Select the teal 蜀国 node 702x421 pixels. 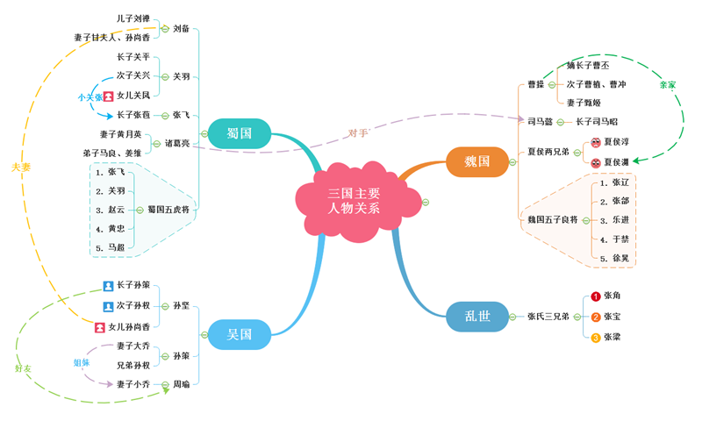pos(240,133)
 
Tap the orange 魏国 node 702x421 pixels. pos(477,162)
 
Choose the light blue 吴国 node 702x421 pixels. pos(240,334)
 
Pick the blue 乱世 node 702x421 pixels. pos(477,316)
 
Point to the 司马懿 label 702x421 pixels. pos(540,122)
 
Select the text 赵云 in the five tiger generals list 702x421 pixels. pos(116,210)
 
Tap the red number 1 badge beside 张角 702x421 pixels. pos(596,296)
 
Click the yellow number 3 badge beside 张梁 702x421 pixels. pos(596,338)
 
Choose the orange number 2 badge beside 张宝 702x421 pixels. pos(596,317)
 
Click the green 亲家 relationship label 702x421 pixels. pos(668,85)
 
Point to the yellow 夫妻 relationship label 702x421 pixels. pos(20,167)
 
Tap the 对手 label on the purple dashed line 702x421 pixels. pos(358,133)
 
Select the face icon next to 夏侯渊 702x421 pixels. pos(596,162)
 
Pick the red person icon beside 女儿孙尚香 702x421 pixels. pos(99,327)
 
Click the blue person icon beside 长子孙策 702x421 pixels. pos(108,286)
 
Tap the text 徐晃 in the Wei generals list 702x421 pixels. pos(620,259)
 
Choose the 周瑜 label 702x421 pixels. pos(182,384)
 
